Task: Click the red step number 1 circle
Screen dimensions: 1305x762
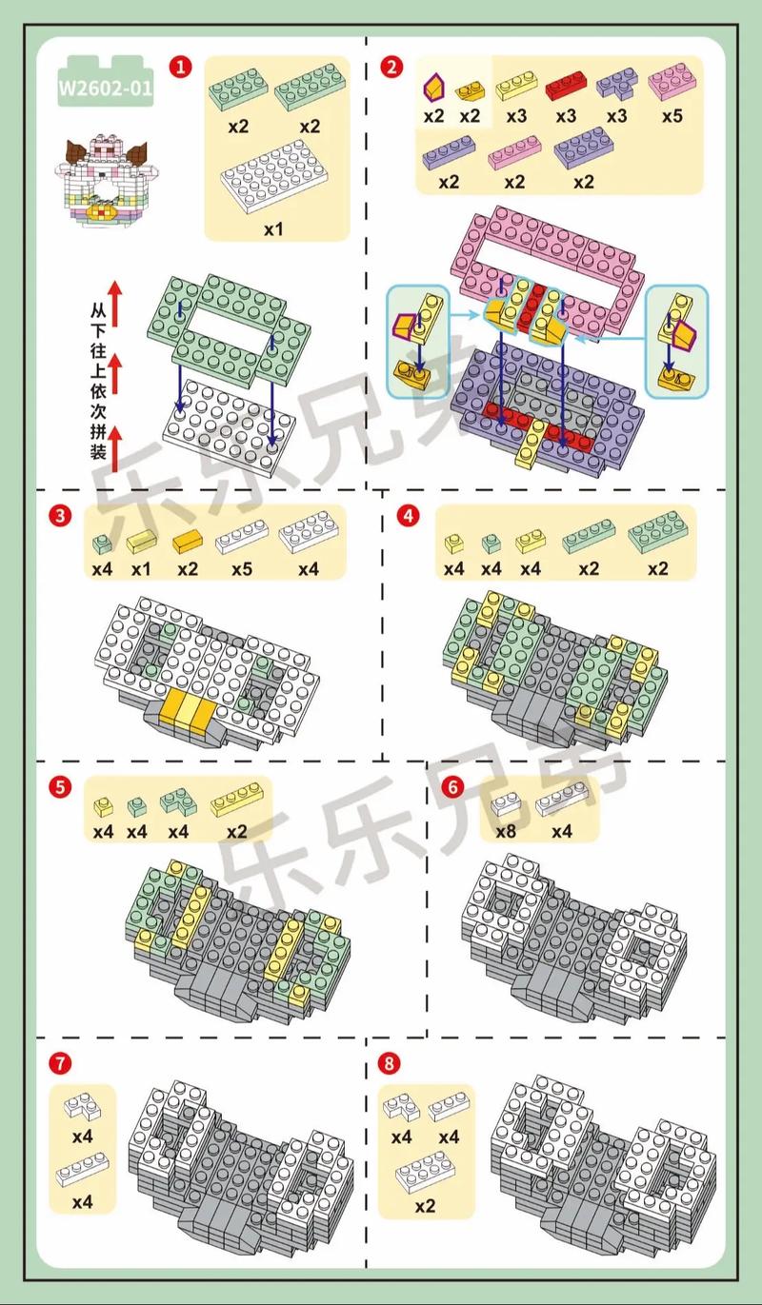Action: pos(180,67)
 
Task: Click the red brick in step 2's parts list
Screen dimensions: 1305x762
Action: pos(566,87)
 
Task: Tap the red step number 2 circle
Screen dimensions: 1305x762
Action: pos(391,67)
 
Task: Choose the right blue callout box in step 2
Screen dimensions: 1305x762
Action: pos(677,341)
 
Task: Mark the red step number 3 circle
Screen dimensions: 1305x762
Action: pos(60,516)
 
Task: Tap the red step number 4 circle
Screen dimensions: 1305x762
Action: pos(408,516)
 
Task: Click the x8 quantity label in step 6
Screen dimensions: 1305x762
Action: pos(506,831)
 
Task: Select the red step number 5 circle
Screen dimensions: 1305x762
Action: pos(60,786)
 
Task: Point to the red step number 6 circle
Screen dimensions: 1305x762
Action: pos(453,786)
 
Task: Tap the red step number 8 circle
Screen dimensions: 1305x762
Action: pos(389,1062)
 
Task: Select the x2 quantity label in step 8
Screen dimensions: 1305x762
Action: pos(426,1205)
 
